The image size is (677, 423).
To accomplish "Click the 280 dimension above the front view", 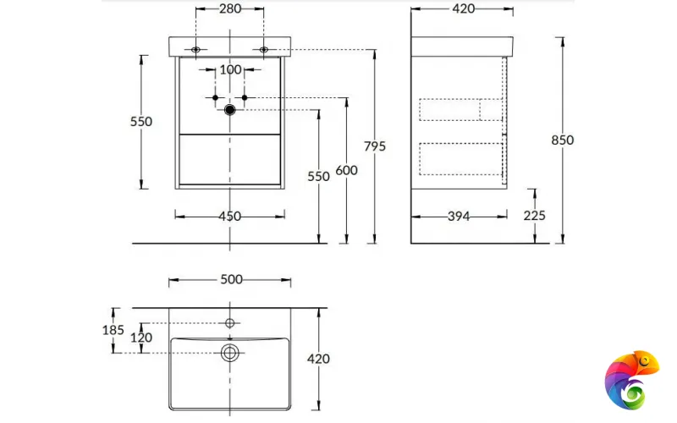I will [229, 9].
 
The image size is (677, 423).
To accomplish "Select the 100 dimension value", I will [230, 69].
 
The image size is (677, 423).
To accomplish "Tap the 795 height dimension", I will [374, 146].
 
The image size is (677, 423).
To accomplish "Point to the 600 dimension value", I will [346, 170].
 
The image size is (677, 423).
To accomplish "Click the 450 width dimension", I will [229, 217].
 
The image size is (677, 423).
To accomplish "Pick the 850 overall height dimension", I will [562, 140].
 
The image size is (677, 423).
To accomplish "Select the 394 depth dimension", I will [460, 217].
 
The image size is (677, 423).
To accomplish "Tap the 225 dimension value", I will [534, 216].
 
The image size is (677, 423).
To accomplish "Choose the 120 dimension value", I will [140, 338].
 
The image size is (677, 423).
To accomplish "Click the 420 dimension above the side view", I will [462, 9].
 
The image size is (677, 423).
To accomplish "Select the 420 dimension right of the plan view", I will [318, 359].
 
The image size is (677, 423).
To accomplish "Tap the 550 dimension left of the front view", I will [141, 122].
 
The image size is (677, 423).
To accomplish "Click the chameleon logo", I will [631, 378].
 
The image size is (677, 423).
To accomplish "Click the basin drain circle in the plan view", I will [229, 353].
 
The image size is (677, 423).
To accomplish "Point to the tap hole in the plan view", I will [229, 322].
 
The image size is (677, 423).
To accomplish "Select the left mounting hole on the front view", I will [196, 50].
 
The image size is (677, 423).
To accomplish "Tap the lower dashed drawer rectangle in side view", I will [461, 158].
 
